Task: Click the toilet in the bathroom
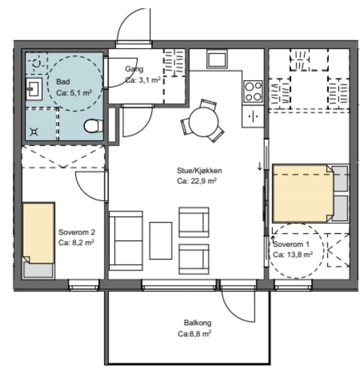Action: [x=94, y=126]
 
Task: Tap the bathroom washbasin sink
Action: [x=34, y=89]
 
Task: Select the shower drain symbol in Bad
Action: [x=34, y=132]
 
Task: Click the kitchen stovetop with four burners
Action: [x=252, y=91]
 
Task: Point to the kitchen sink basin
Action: [x=217, y=59]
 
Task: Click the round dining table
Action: [x=204, y=122]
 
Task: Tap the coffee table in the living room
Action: [x=161, y=240]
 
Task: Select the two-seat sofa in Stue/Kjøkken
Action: [x=126, y=240]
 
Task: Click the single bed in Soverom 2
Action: [x=39, y=240]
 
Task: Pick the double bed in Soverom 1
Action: [x=310, y=193]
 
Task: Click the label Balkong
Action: [x=197, y=323]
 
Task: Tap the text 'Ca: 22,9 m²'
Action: [x=197, y=181]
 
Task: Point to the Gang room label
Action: [x=134, y=69]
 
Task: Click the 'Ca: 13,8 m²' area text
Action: [x=293, y=254]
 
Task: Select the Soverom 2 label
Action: [x=77, y=232]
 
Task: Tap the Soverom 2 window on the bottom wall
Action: [x=83, y=285]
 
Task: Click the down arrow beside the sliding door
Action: [x=260, y=166]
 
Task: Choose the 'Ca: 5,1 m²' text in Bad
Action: [x=74, y=93]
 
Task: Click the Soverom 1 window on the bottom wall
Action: [x=293, y=285]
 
